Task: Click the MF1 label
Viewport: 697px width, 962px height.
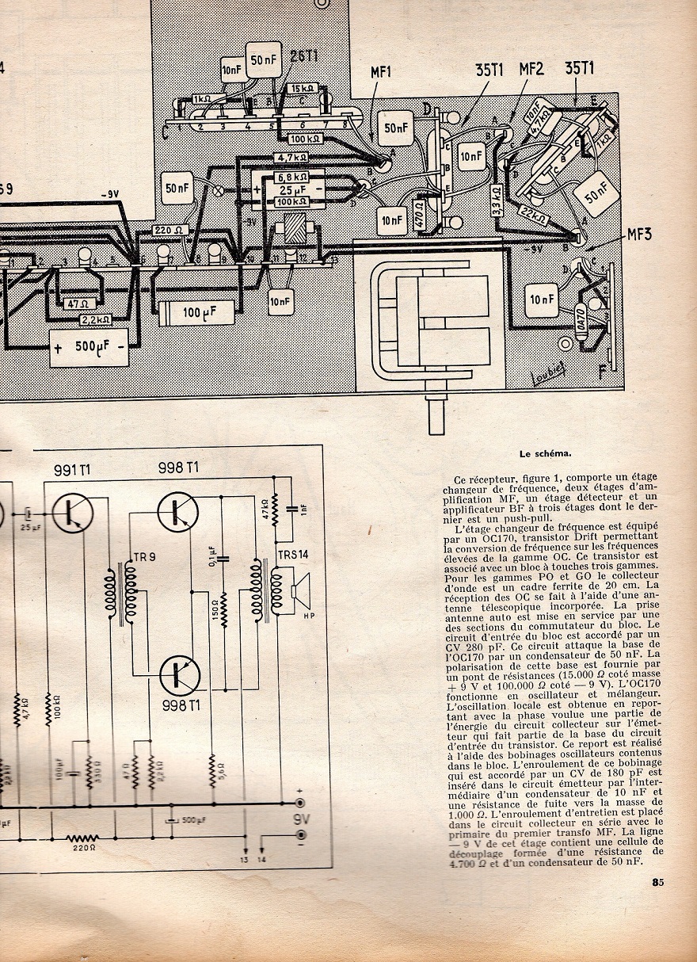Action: [x=381, y=72]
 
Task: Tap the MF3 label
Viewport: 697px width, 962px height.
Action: [x=640, y=234]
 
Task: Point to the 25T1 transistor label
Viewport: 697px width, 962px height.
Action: [x=304, y=55]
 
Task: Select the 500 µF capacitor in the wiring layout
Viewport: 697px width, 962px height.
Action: [x=90, y=349]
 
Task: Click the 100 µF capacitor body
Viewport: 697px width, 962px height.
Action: [x=196, y=312]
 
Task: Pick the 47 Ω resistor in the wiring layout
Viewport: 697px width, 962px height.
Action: [x=75, y=303]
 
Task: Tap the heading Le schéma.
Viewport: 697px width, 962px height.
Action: [x=547, y=455]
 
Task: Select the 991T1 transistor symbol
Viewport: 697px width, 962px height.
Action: [x=74, y=513]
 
